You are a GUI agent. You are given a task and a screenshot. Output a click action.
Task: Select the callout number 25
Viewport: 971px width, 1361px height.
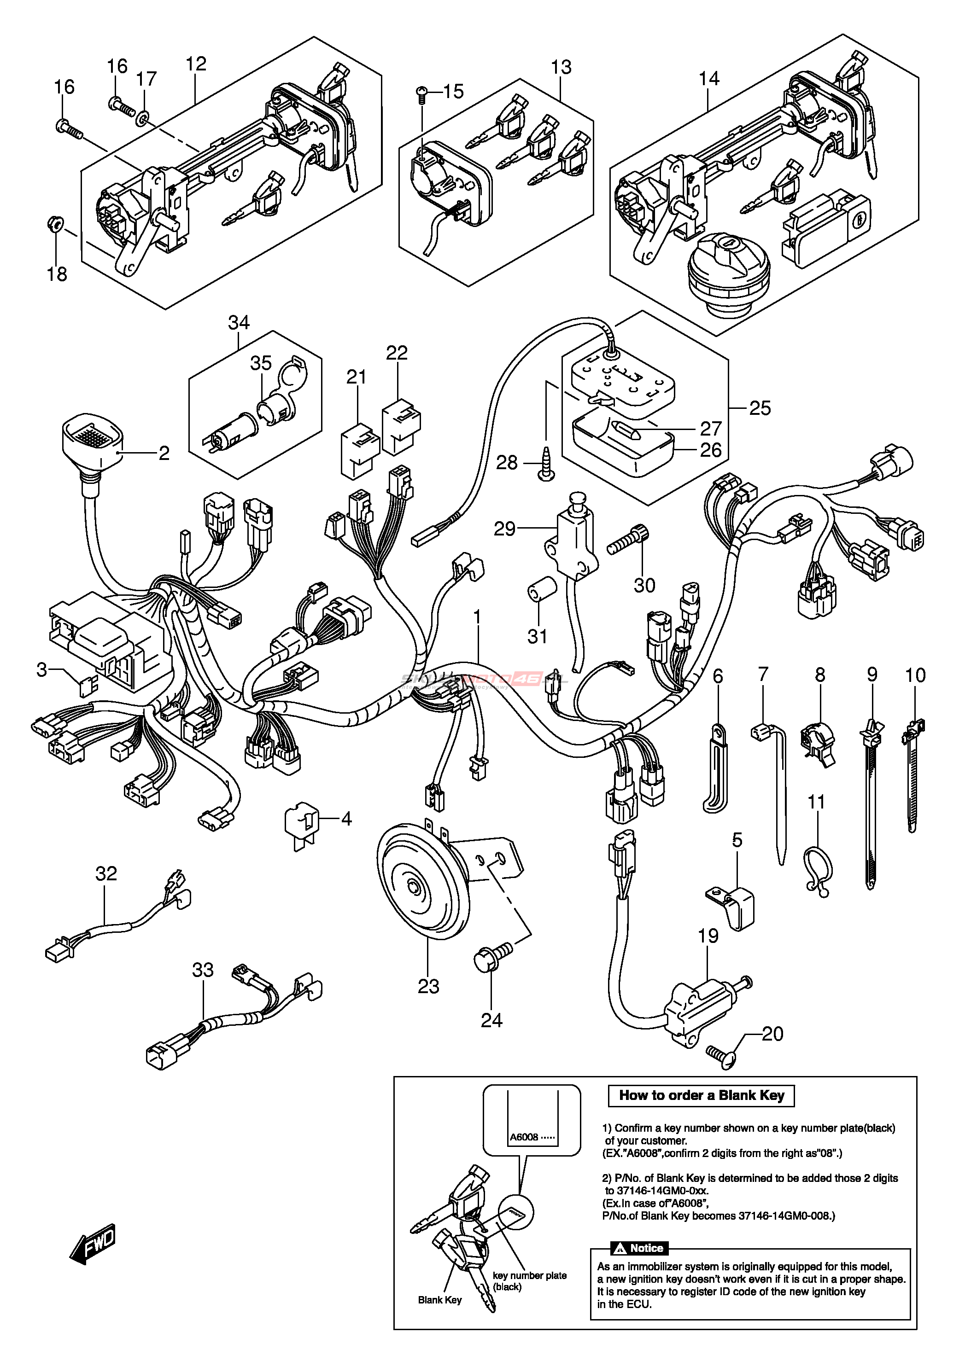[x=760, y=408]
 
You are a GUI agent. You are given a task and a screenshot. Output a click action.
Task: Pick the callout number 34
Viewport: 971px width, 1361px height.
[x=239, y=323]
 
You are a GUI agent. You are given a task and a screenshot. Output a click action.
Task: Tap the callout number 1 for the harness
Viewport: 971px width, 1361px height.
[x=477, y=616]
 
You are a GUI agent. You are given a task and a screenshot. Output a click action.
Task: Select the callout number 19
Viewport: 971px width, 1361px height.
[x=708, y=936]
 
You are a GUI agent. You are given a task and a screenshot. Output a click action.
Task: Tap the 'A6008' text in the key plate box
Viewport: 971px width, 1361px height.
[x=524, y=1137]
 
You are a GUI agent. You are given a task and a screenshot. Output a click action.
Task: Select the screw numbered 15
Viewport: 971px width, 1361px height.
[x=421, y=94]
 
